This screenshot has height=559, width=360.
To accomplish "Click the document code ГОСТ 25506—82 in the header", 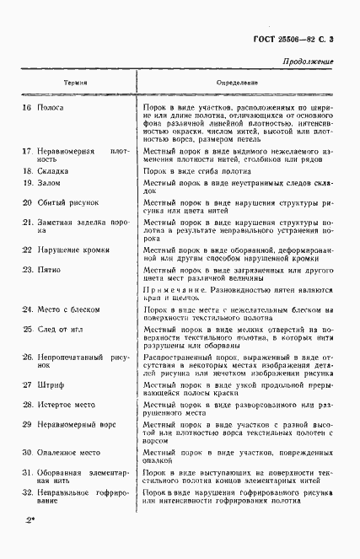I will tap(284, 40).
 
